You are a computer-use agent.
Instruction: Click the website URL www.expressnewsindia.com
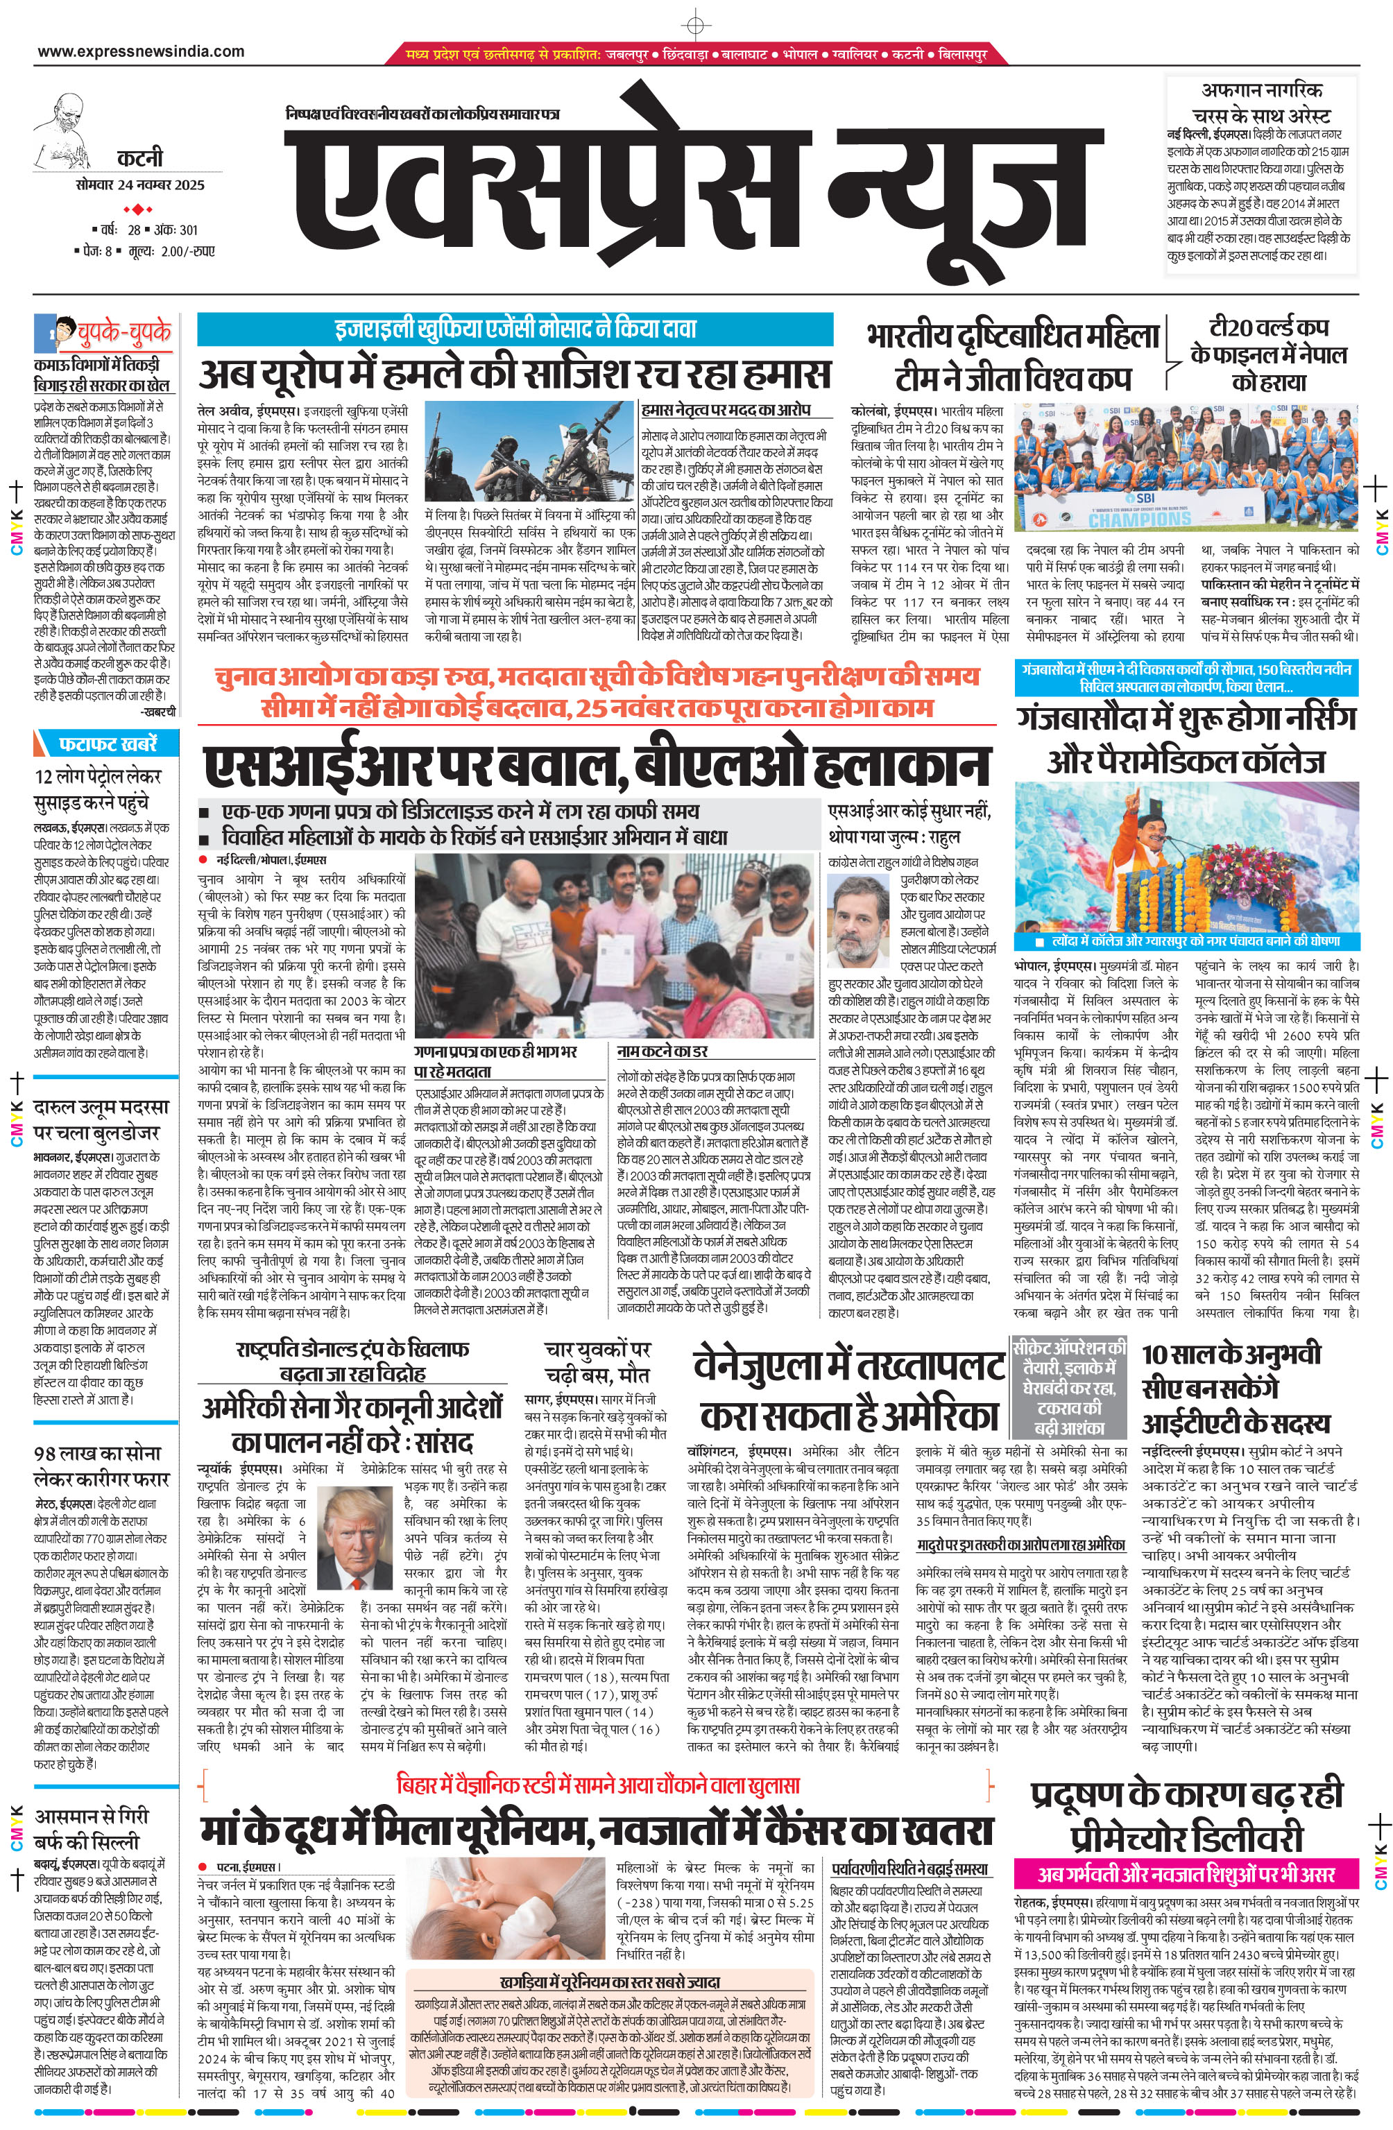point(141,52)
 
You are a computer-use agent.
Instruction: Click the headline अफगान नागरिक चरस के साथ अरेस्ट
point(1260,103)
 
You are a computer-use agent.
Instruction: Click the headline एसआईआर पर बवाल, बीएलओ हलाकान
point(596,766)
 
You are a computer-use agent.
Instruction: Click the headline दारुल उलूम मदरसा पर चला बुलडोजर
point(96,1121)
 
